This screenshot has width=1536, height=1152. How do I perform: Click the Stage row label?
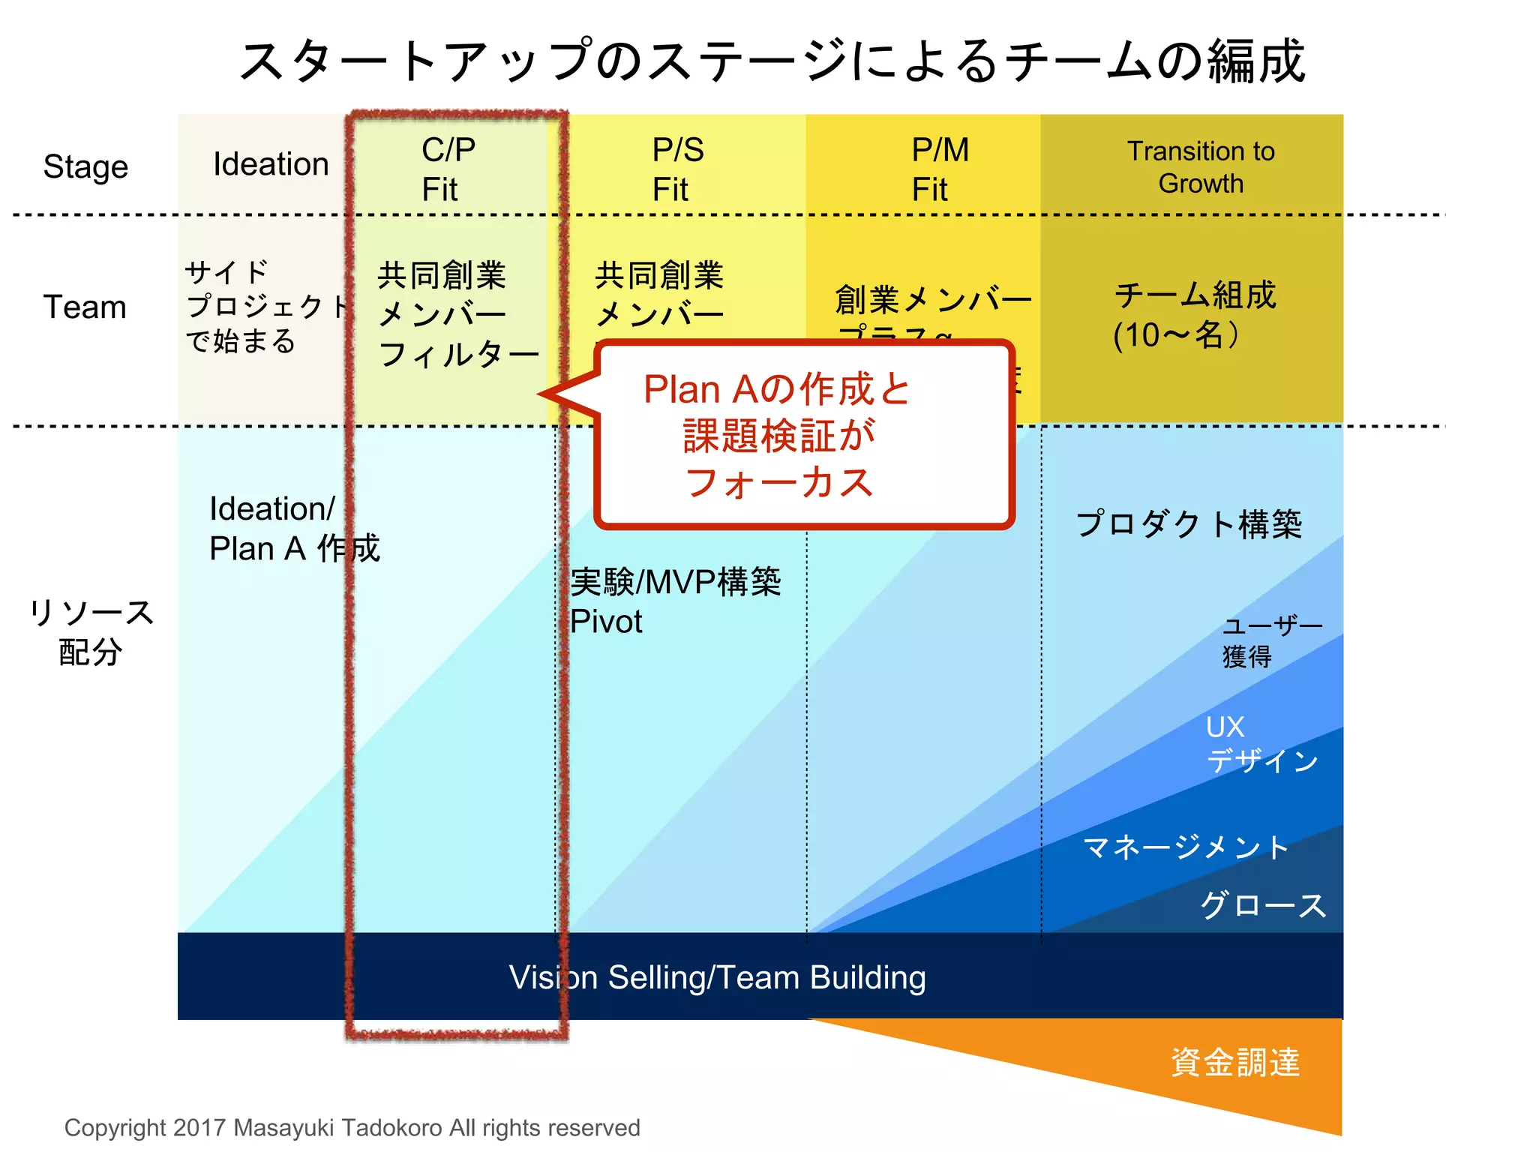(85, 166)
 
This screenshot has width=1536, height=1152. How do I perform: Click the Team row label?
(85, 307)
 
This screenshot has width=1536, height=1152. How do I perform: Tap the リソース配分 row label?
(91, 631)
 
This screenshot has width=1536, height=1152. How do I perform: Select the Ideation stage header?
(271, 164)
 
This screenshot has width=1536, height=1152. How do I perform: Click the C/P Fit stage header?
(448, 169)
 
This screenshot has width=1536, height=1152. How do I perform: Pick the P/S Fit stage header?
(677, 169)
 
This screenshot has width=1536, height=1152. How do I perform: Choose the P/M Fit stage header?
(939, 169)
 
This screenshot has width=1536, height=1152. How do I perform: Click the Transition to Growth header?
(1200, 167)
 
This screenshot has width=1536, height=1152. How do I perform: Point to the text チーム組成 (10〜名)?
(1194, 315)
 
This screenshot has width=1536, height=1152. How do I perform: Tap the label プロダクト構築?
(1188, 523)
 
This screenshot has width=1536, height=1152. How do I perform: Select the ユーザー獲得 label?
(1270, 641)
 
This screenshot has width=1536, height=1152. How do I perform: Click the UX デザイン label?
(1260, 744)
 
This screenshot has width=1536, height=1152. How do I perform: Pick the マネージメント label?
(1185, 847)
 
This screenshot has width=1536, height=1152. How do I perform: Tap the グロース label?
(1263, 905)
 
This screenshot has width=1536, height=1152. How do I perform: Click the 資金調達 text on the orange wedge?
(1234, 1062)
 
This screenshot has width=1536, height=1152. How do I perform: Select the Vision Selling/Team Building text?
(717, 977)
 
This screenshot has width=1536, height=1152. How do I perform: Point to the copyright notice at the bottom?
(352, 1127)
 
